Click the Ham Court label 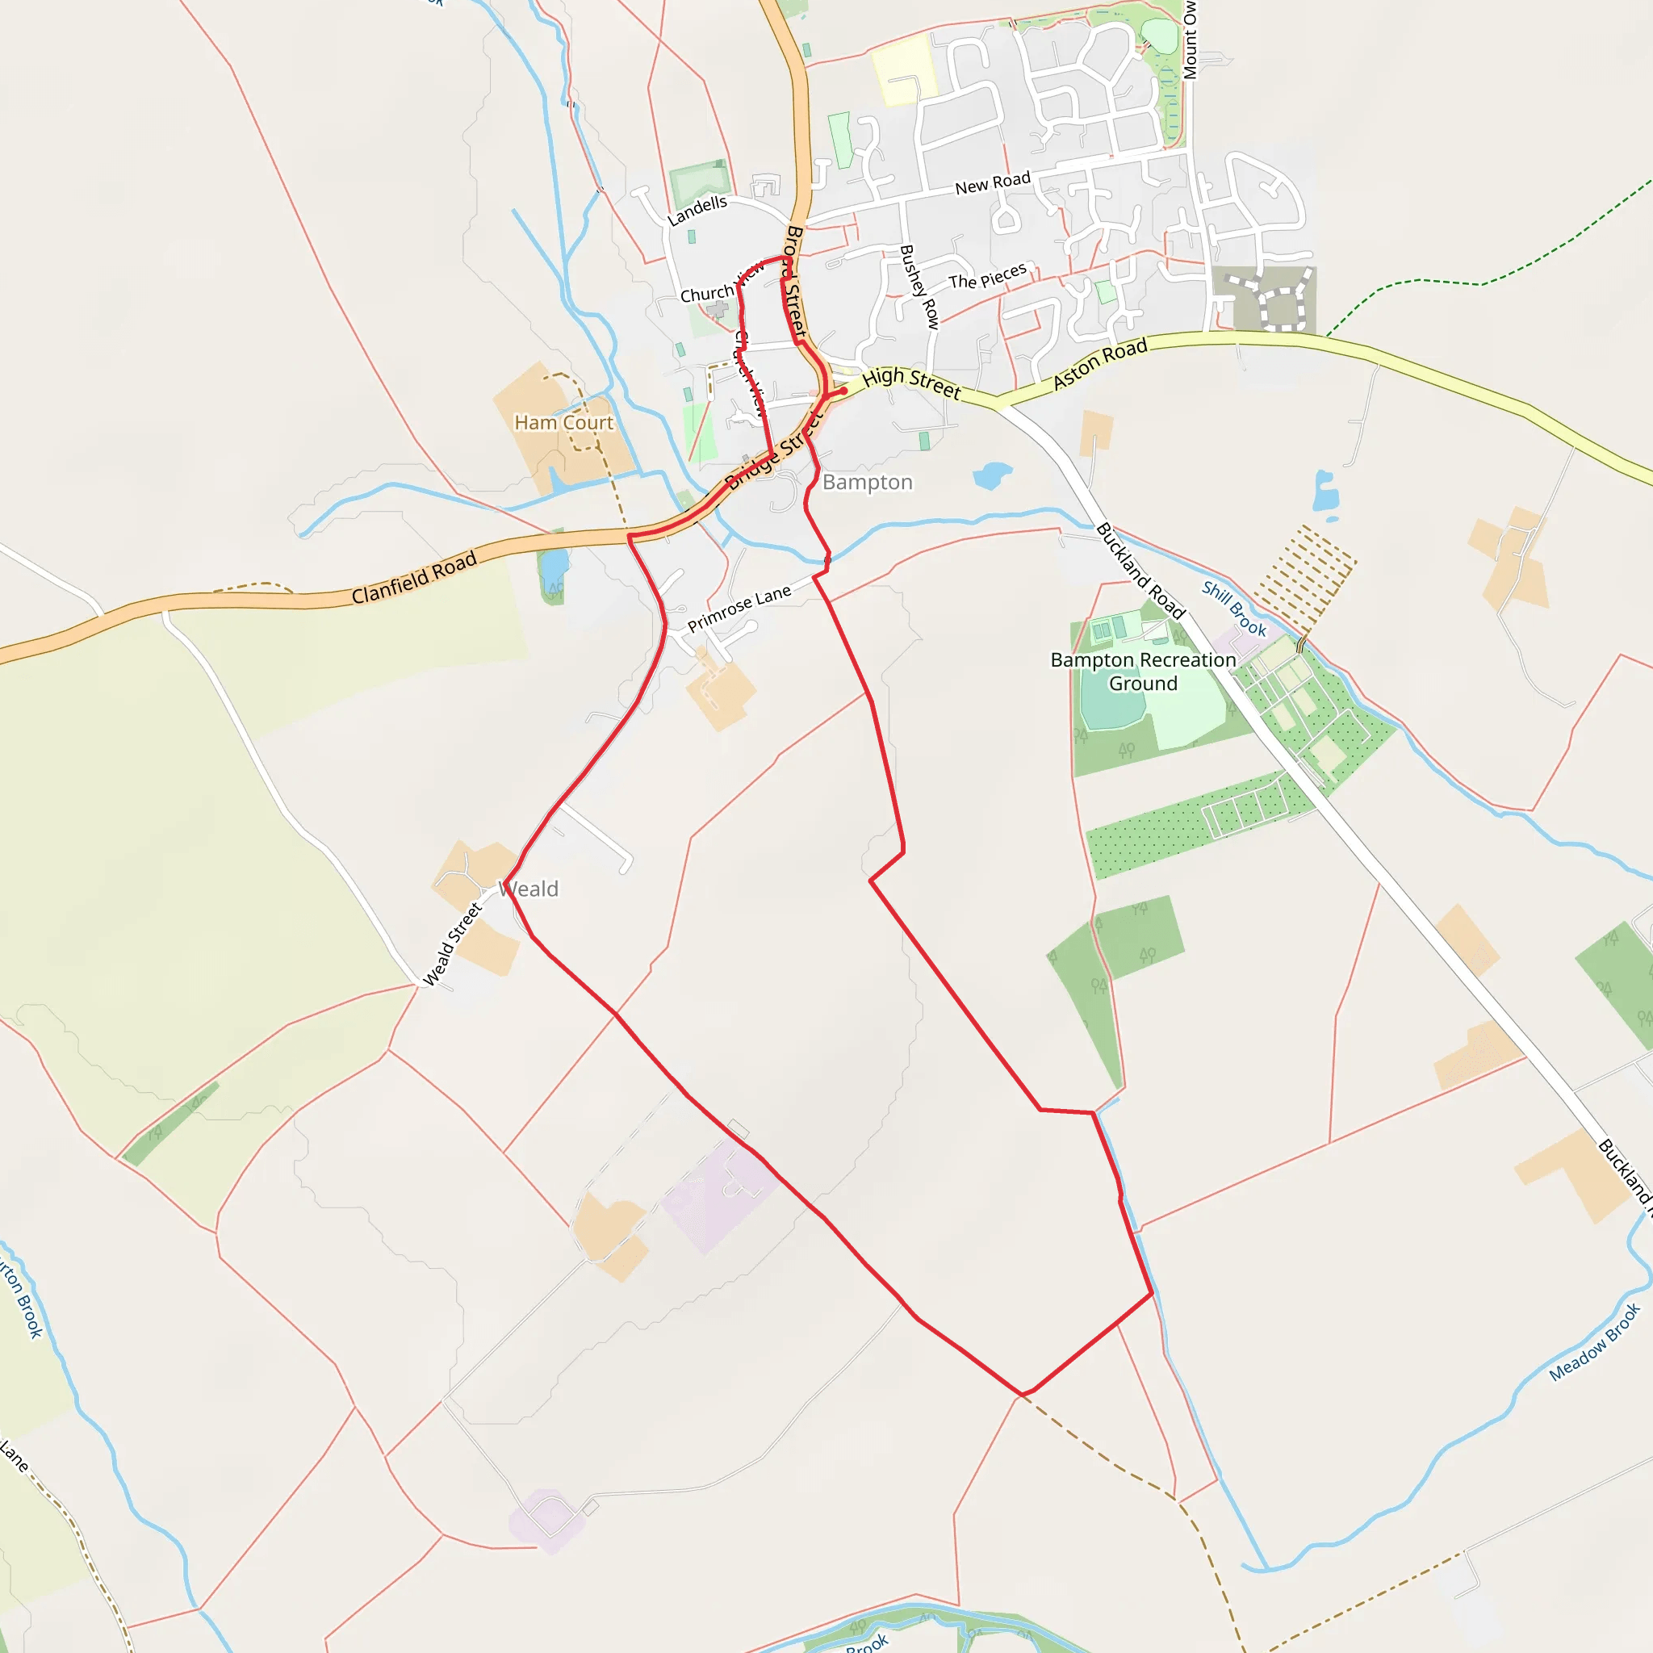563,423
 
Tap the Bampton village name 867,483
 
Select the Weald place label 530,889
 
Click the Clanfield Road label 414,580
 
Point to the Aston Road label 1099,364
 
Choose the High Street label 911,383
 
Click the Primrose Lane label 739,608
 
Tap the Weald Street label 453,944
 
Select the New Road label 993,183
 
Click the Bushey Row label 919,287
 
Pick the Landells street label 697,210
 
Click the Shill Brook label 1234,609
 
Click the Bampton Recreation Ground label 1143,672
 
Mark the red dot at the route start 843,391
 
